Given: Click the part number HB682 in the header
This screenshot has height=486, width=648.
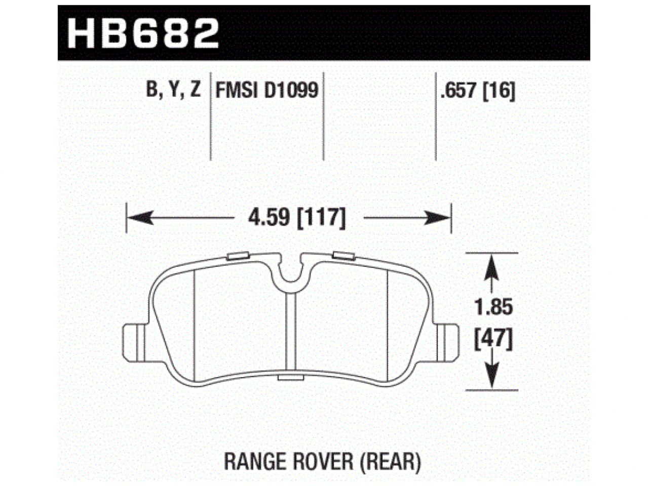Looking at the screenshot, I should coord(143,33).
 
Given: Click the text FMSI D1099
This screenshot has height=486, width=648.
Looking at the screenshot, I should coord(267,91).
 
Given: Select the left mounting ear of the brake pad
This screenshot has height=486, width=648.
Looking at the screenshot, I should coord(134,343).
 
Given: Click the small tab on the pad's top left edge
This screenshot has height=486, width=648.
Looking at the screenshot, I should coord(236,256).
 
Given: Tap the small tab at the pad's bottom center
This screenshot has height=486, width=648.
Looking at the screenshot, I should coord(290,379).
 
